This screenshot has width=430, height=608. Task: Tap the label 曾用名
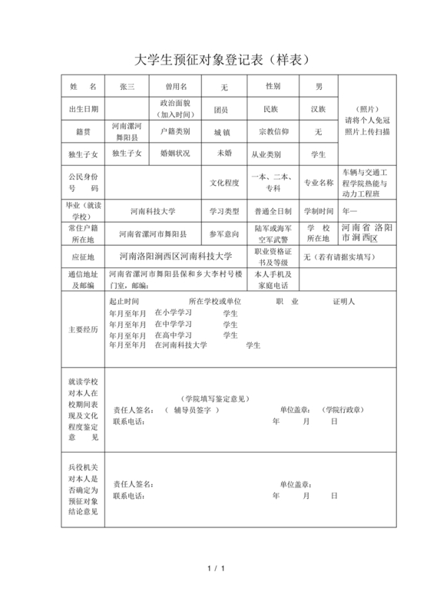click(176, 87)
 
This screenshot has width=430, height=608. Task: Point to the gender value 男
click(318, 87)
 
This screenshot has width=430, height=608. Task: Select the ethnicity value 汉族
click(318, 109)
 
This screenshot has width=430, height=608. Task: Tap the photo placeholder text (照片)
click(367, 108)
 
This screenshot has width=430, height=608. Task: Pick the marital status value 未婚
click(223, 153)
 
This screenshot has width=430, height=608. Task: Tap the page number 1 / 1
click(216, 568)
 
